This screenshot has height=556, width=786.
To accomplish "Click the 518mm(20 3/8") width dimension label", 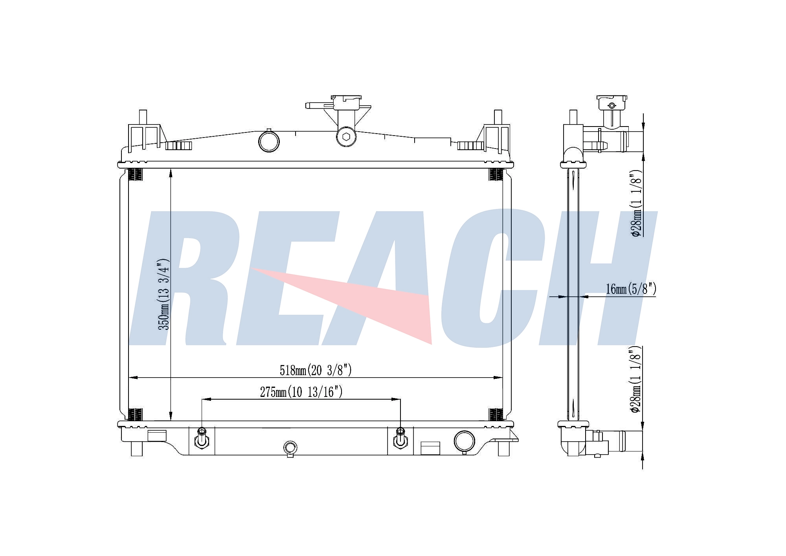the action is click(x=316, y=370).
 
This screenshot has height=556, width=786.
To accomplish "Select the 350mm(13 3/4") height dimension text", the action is click(x=163, y=294).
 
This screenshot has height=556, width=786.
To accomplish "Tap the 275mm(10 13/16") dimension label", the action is click(x=301, y=392).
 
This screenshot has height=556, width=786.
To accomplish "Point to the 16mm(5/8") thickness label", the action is click(x=631, y=289).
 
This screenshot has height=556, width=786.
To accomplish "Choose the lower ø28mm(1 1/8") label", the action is click(x=636, y=379).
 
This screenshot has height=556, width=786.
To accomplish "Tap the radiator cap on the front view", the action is click(x=346, y=100).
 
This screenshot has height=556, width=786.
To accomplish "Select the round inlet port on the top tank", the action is click(x=269, y=141).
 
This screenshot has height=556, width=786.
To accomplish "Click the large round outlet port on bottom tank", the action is click(x=464, y=441).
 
